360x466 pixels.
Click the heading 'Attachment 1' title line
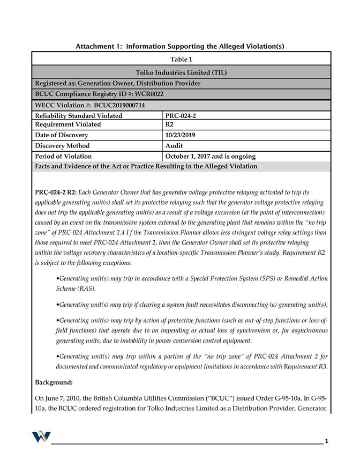179,47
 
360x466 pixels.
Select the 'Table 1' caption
181,59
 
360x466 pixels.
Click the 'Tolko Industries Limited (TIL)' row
181,72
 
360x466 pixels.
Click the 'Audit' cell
174,146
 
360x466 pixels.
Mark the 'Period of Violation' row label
63,156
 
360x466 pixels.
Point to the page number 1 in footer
326,441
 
